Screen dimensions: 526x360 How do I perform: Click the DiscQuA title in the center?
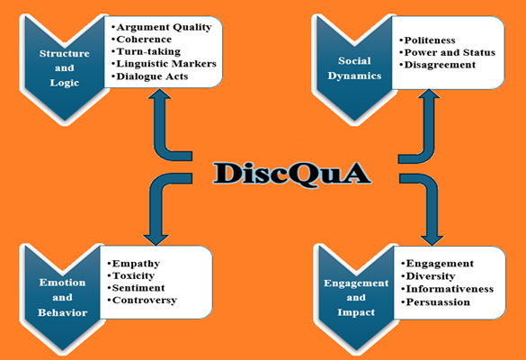[292, 174]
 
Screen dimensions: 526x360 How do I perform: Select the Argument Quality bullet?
[162, 27]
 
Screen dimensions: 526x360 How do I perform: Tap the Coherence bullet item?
[141, 40]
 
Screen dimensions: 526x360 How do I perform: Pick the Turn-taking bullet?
[146, 51]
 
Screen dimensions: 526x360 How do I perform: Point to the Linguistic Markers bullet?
[164, 64]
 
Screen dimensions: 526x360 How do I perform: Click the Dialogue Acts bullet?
[150, 76]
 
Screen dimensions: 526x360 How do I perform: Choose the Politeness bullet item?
[428, 40]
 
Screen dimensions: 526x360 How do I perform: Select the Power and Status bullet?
[448, 53]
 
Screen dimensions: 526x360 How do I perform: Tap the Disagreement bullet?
[438, 65]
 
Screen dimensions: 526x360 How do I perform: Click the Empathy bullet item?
[133, 264]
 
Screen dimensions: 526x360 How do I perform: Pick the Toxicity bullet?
[131, 275]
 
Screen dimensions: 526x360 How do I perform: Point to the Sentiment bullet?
[136, 288]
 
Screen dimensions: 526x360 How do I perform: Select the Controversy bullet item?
[142, 301]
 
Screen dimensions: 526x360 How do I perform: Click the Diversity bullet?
[428, 276]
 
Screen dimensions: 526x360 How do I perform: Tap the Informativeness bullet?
[448, 289]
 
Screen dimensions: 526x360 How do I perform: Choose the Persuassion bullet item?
[436, 302]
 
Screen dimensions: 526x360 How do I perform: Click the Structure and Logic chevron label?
[65, 68]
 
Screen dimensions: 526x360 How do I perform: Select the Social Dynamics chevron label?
[354, 68]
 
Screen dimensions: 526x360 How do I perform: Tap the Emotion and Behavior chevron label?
[62, 298]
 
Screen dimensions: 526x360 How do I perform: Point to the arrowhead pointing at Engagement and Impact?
[432, 239]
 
